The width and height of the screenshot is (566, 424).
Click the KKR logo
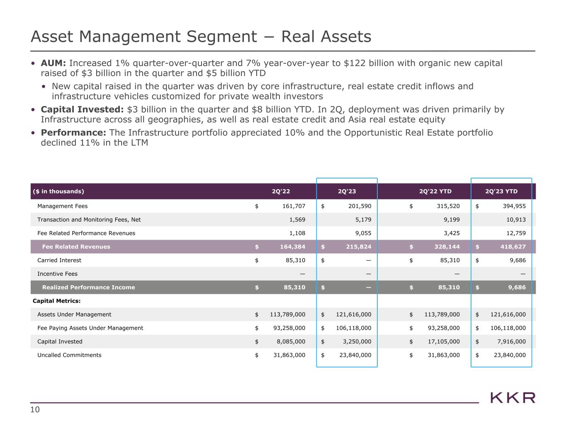click(513, 398)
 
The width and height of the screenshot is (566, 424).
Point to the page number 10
click(35, 410)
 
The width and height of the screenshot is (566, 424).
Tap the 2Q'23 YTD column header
click(501, 191)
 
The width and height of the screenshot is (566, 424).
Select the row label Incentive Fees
click(57, 274)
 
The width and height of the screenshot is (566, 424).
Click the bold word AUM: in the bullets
click(53, 63)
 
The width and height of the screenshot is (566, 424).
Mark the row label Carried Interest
click(59, 260)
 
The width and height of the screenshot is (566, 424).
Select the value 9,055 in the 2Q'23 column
click(363, 233)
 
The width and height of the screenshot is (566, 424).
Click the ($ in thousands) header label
click(58, 191)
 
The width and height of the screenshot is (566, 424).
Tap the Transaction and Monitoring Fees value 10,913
click(515, 220)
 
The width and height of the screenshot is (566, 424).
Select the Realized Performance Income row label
click(88, 287)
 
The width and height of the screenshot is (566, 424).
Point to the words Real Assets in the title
click(326, 37)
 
